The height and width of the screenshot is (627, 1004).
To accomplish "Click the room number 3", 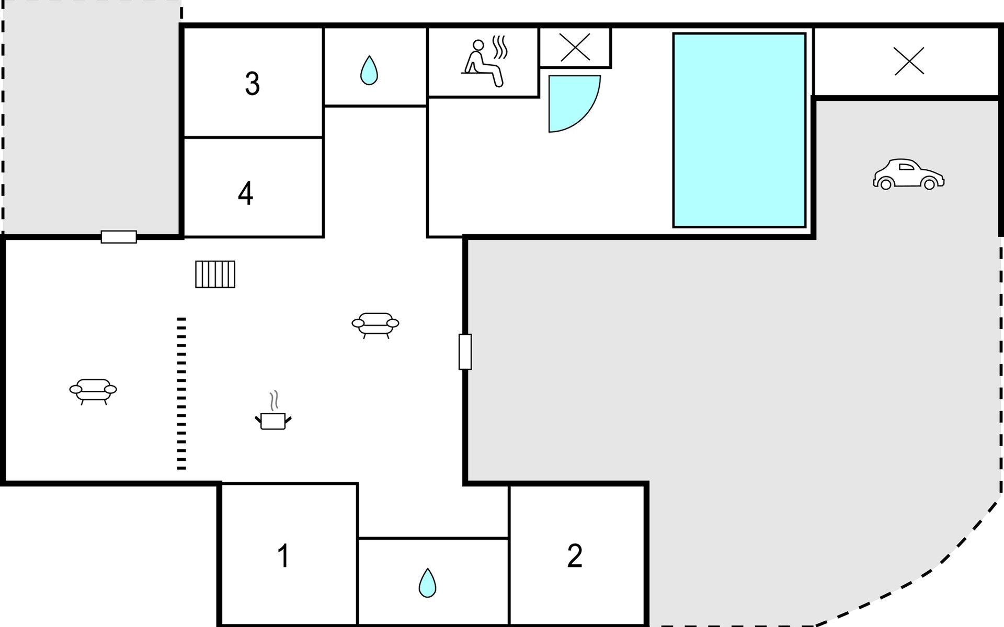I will (252, 84).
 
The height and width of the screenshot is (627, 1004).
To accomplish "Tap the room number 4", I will (245, 193).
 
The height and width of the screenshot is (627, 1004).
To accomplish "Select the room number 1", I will (283, 556).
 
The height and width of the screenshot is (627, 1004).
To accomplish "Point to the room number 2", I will (574, 556).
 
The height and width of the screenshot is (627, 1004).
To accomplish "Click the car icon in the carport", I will (908, 175).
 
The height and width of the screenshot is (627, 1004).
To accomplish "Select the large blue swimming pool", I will (739, 131).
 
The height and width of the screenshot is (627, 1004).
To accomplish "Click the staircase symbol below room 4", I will (215, 274).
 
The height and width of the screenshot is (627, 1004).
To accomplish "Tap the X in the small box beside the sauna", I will (575, 47).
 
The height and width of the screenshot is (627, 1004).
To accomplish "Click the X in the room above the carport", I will (909, 62).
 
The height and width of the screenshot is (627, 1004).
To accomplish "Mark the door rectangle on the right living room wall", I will (465, 352).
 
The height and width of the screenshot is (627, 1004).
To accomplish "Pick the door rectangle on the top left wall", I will (119, 237).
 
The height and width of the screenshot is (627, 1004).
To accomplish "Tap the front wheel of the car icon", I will (930, 184).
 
